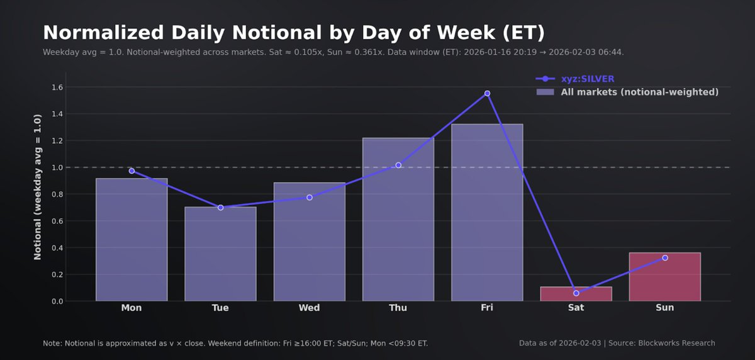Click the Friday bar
(x=487, y=214)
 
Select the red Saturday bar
(x=576, y=295)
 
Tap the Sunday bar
(x=664, y=277)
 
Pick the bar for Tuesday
(x=220, y=254)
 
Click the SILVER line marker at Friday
(x=487, y=93)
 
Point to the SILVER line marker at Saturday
(x=576, y=293)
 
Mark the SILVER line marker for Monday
(x=131, y=171)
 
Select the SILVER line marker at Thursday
(x=398, y=165)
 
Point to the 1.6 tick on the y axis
(x=57, y=87)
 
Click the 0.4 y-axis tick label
(x=57, y=248)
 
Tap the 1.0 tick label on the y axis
(x=57, y=167)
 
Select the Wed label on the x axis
(x=309, y=308)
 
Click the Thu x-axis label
(x=398, y=308)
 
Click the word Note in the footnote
(x=52, y=343)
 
